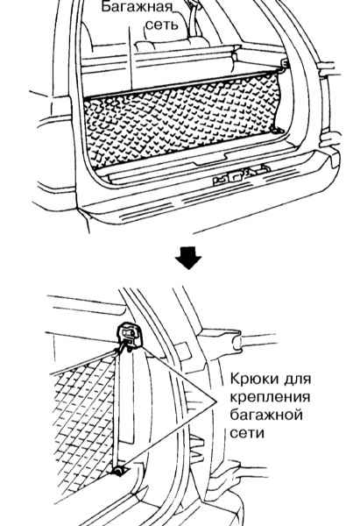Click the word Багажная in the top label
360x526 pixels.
tap(137, 7)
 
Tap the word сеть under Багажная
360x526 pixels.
tap(162, 25)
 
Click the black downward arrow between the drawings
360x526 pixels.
tap(188, 258)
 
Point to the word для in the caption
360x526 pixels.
tap(298, 380)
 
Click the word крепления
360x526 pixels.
tap(270, 397)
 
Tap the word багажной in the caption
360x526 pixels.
tap(266, 416)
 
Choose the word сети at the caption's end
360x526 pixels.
tap(247, 433)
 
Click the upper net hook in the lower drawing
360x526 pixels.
tap(129, 335)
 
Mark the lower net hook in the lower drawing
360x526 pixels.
tap(118, 472)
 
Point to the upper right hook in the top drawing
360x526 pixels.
tap(284, 63)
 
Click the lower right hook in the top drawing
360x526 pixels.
tap(276, 130)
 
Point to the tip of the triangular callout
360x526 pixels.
tap(215, 402)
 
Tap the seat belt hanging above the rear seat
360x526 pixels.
tap(194, 18)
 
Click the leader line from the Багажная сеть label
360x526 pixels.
tap(131, 56)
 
